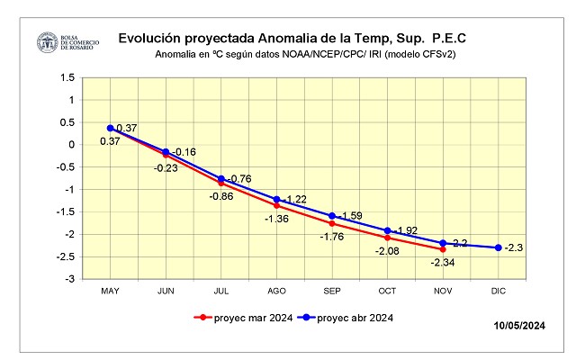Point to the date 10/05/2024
(519, 325)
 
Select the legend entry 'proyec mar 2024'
(243, 317)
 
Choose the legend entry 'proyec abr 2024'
(352, 317)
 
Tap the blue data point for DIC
(499, 247)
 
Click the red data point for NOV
(443, 249)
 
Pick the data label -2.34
(443, 262)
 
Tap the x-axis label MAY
(110, 291)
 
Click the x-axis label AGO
(276, 291)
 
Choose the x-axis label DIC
(499, 291)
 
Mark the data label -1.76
(331, 236)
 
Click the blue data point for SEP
(332, 216)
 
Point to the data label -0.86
(220, 196)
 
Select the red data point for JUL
(221, 183)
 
